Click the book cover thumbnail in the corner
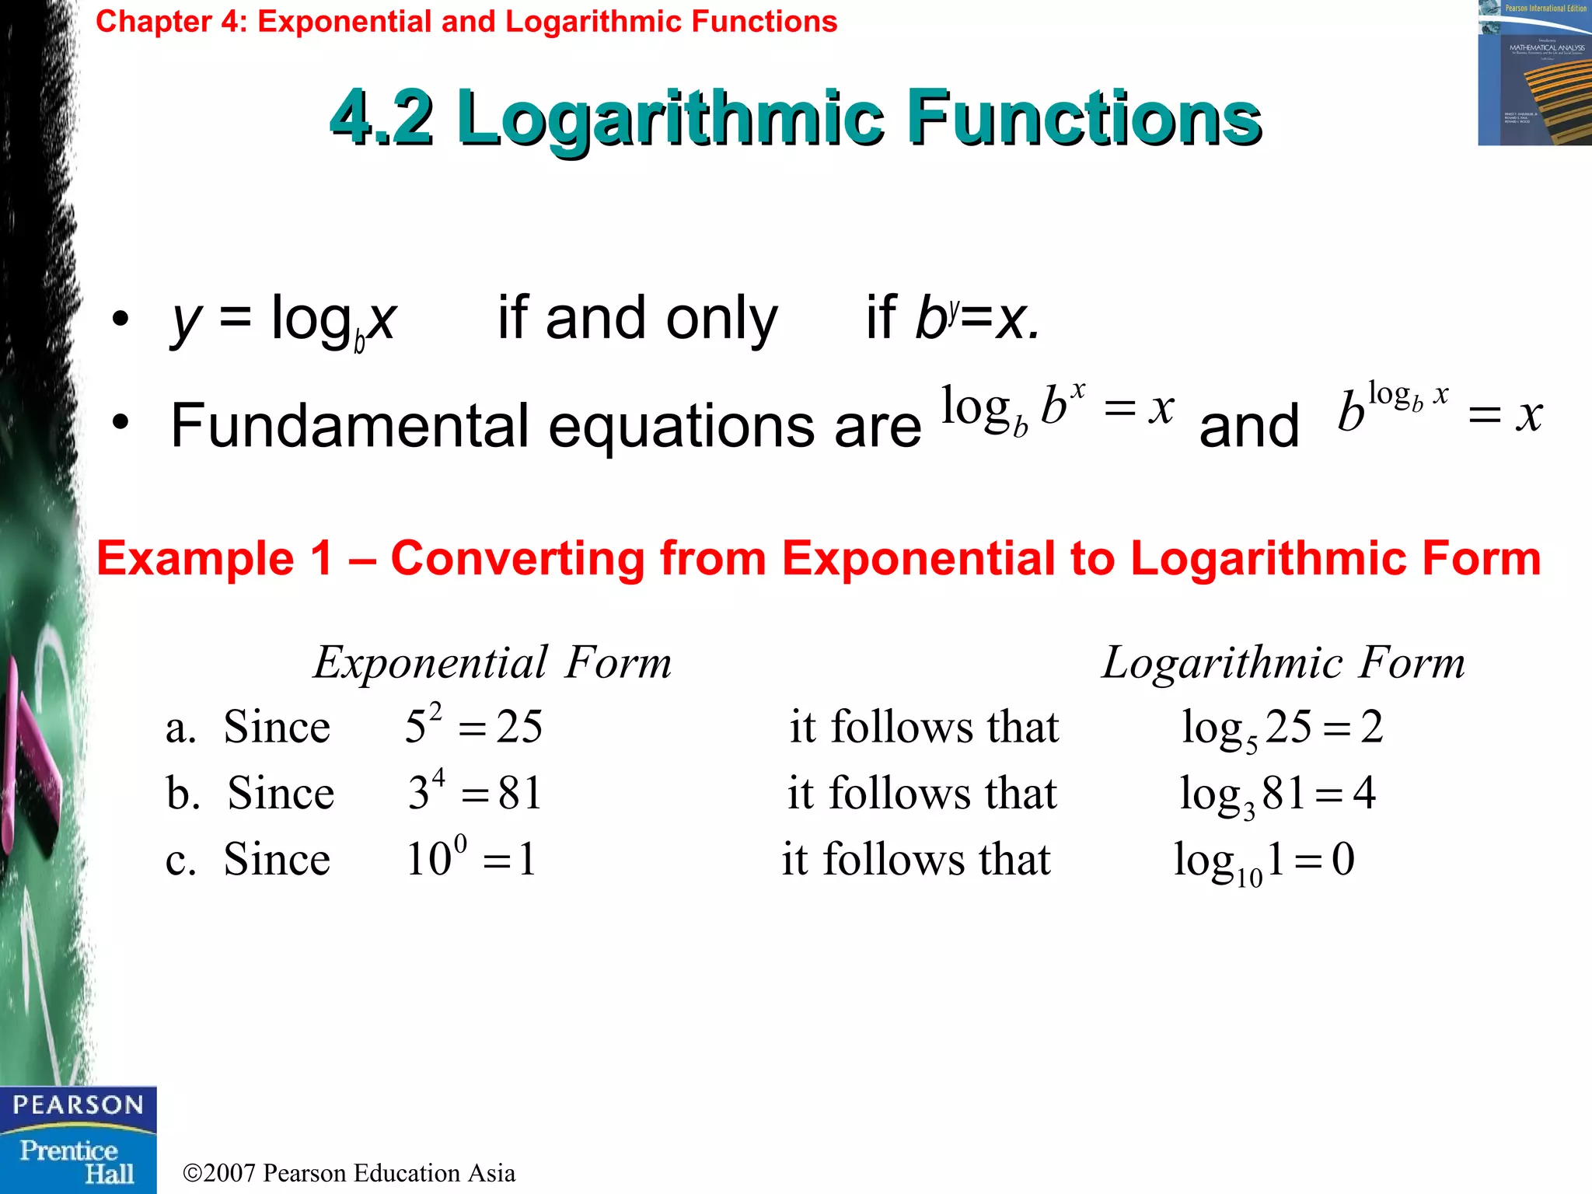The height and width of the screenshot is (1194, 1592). pos(1534,73)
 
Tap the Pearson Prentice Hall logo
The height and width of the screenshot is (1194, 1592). pos(78,1140)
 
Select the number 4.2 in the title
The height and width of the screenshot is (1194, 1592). pos(382,118)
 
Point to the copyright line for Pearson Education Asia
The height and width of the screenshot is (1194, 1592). pos(349,1172)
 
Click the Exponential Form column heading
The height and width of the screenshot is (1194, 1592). pos(492,663)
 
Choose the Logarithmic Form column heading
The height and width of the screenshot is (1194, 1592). pos(1283,663)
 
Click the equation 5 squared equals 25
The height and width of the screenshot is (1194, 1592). pos(473,726)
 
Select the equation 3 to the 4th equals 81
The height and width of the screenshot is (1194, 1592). pos(474,792)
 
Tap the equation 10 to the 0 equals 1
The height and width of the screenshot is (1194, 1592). pos(471,858)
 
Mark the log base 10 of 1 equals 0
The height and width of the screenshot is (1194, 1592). pos(1264,861)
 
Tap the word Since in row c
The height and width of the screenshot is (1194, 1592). pos(277,859)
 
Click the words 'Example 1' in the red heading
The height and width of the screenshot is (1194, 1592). pos(215,558)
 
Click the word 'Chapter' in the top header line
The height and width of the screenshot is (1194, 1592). pos(153,22)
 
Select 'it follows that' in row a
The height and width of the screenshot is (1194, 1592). pos(923,727)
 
